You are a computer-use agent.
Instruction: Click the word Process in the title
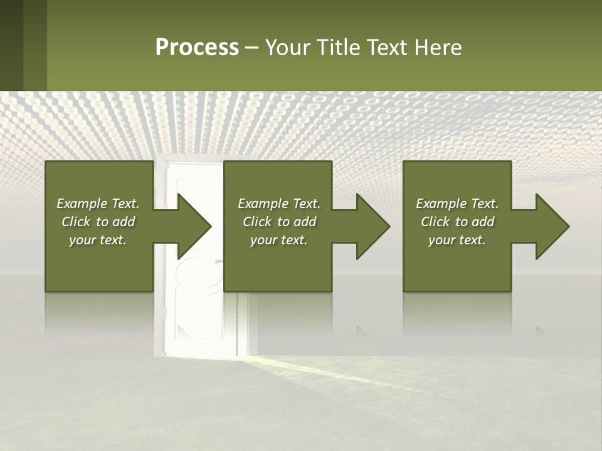197,48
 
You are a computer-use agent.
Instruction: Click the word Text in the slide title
387,48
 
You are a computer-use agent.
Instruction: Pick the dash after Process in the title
251,48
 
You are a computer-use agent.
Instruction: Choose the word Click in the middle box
258,222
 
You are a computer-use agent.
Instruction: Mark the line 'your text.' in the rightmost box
457,240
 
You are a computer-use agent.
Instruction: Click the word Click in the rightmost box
436,222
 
